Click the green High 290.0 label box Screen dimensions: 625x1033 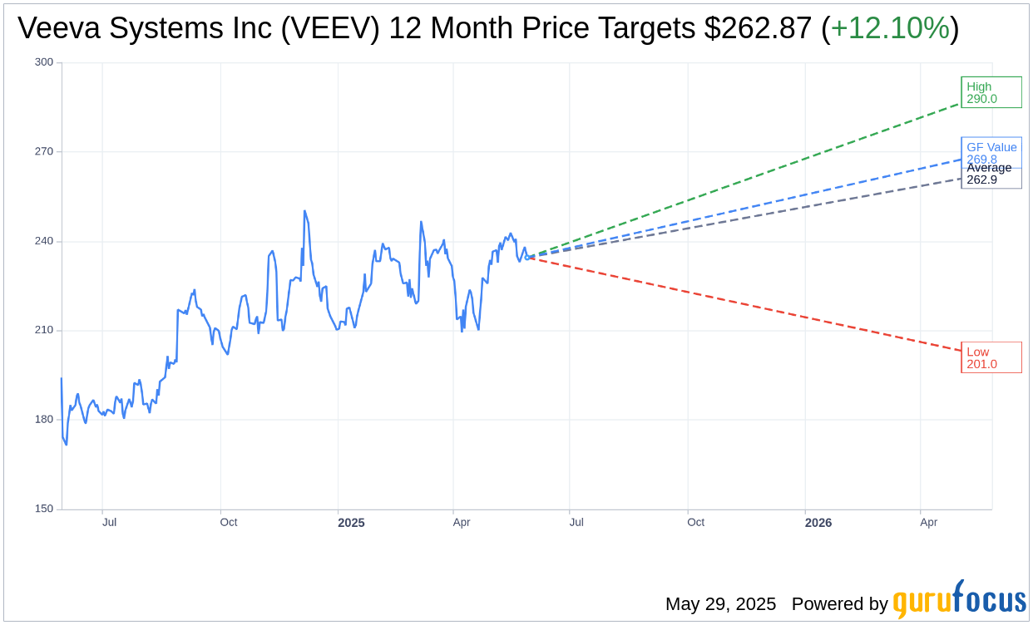point(991,92)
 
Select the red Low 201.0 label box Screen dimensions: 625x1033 point(991,357)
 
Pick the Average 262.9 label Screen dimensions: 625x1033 point(990,175)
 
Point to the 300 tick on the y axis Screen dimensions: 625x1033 point(44,62)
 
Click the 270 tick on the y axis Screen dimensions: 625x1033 point(44,151)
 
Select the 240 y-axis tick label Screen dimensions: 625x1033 point(44,241)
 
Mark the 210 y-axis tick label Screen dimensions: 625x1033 point(44,330)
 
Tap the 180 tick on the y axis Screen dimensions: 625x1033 point(44,420)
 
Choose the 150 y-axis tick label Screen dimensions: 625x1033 point(44,509)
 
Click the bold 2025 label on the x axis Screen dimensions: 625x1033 point(351,523)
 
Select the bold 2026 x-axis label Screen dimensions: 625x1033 point(818,523)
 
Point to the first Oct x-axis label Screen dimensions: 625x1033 point(229,522)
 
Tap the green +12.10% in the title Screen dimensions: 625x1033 point(890,28)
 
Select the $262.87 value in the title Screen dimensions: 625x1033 point(758,28)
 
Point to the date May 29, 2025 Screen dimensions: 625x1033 point(720,604)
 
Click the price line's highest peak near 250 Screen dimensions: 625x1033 point(305,211)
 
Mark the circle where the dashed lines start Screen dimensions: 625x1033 point(527,257)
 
